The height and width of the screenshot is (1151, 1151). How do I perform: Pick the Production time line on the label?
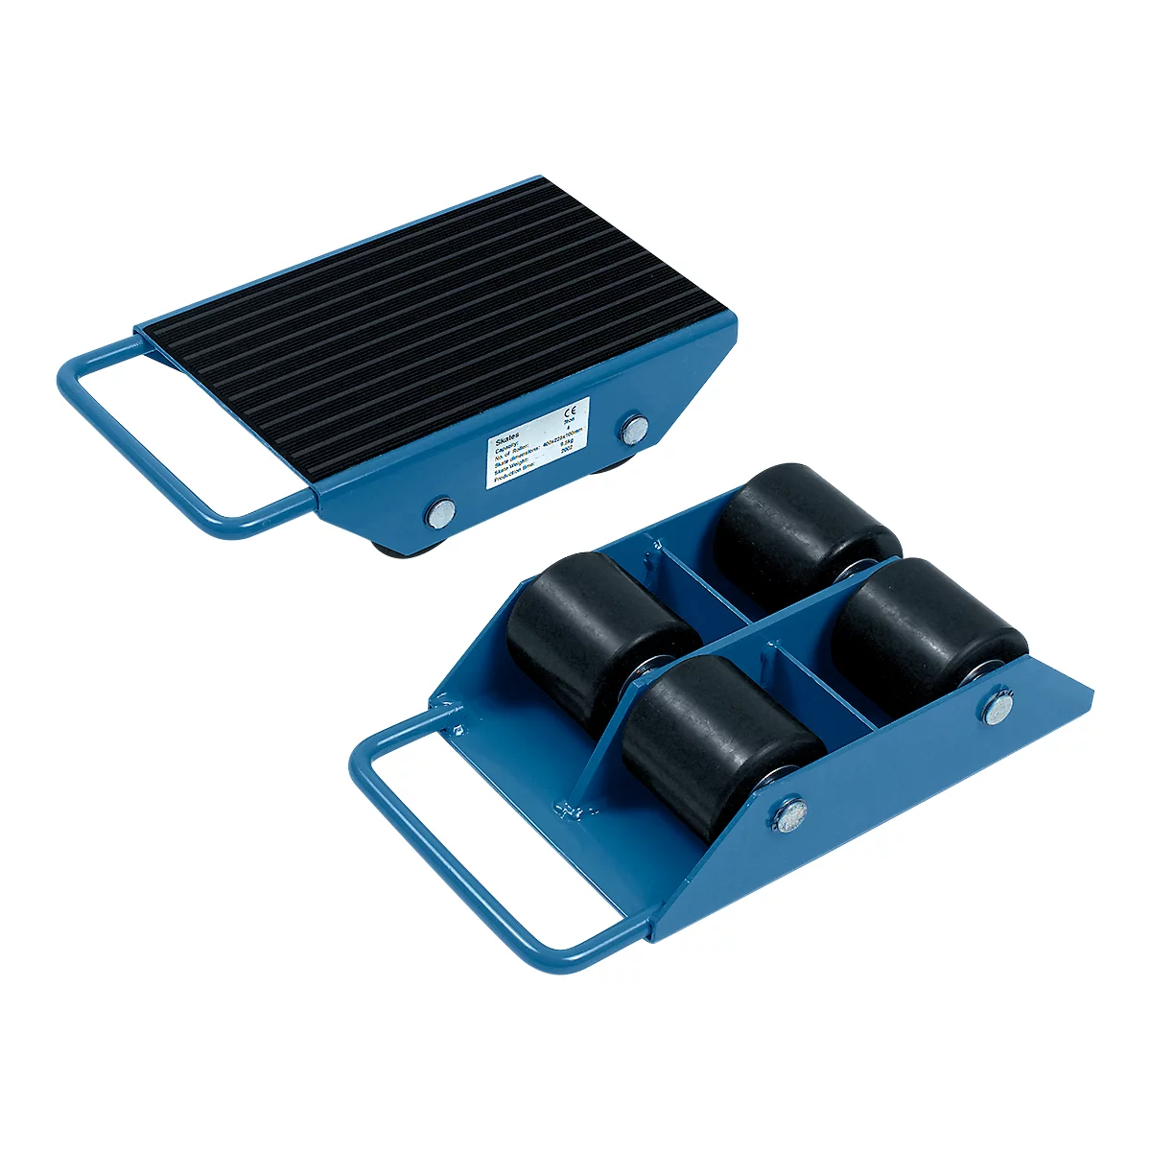pos(518,477)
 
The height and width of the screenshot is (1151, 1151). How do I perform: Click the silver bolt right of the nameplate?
pos(632,428)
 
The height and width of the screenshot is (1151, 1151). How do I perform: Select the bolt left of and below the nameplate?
pos(441,511)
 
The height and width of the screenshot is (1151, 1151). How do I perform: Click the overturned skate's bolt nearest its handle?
pos(789,815)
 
